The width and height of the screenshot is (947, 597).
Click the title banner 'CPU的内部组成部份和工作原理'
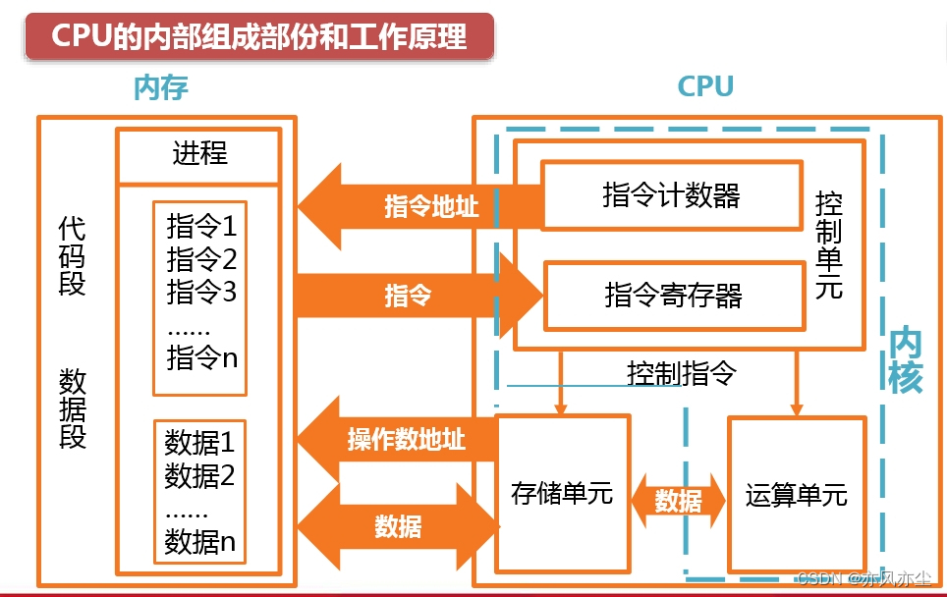click(x=258, y=36)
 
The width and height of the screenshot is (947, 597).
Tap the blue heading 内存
click(x=160, y=88)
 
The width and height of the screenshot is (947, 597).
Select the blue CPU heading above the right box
click(x=705, y=87)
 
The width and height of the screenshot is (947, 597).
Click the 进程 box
click(x=199, y=155)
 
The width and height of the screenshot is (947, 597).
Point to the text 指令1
click(x=201, y=228)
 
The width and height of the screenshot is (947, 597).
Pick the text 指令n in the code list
click(x=201, y=358)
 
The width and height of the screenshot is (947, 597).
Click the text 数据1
click(x=199, y=441)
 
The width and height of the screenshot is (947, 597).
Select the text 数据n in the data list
click(x=199, y=541)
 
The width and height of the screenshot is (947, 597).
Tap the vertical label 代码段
click(x=72, y=256)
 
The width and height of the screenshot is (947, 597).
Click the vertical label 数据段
click(x=72, y=408)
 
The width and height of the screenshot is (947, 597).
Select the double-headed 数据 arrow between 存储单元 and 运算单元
click(x=678, y=501)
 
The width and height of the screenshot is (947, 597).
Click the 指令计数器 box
click(x=672, y=195)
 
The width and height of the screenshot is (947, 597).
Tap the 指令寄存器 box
click(x=674, y=295)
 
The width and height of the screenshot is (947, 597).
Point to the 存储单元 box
click(x=562, y=494)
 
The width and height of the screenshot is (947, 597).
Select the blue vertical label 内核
click(x=905, y=360)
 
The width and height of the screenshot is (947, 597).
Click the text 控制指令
click(x=681, y=374)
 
